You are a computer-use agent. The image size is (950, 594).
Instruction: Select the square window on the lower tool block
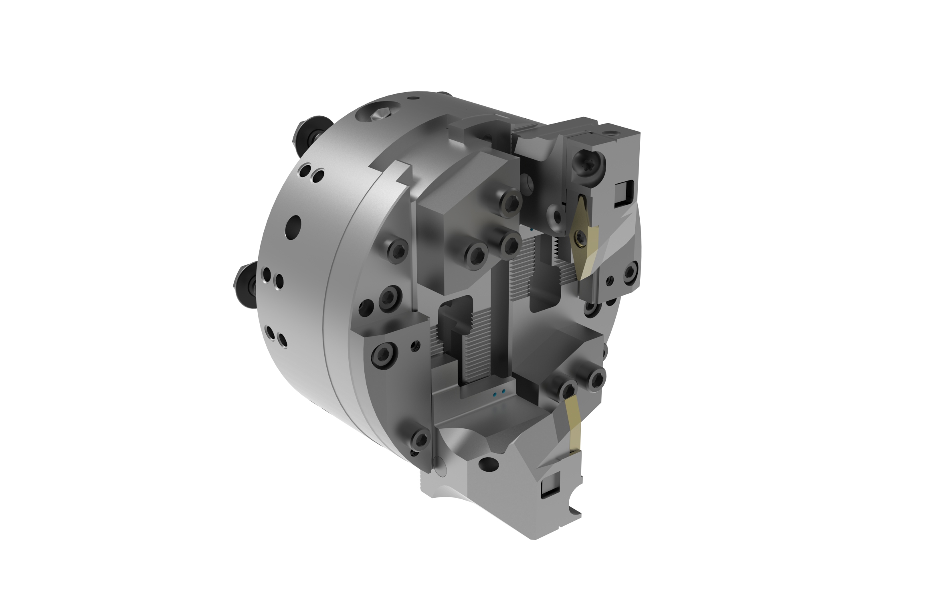pyautogui.click(x=547, y=489)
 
